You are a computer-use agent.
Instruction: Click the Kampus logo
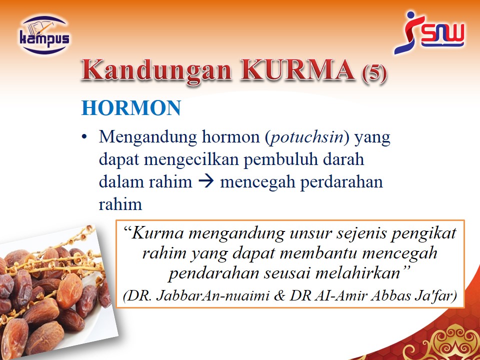click(44, 35)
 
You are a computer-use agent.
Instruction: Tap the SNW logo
click(429, 32)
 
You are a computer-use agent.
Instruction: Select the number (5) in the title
click(374, 73)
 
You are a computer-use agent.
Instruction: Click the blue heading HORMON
click(131, 108)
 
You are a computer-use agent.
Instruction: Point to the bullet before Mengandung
click(84, 137)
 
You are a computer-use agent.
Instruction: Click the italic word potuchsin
click(306, 137)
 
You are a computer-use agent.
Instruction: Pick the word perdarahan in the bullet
click(341, 182)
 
